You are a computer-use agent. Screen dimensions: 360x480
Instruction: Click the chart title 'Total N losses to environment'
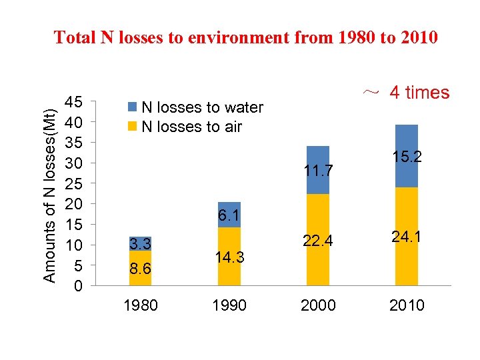pyautogui.click(x=245, y=37)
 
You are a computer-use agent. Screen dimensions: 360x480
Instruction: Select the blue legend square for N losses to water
pyautogui.click(x=132, y=107)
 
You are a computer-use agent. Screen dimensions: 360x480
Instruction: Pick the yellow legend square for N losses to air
pyautogui.click(x=132, y=127)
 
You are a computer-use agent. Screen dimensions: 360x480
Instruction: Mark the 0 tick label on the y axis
pyautogui.click(x=77, y=287)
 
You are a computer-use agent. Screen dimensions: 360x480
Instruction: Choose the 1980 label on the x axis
pyautogui.click(x=141, y=305)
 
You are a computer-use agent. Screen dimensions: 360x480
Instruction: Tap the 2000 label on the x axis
pyautogui.click(x=318, y=305)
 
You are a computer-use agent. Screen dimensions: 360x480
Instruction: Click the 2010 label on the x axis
pyautogui.click(x=406, y=305)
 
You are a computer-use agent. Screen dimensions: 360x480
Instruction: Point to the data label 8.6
pyautogui.click(x=140, y=268)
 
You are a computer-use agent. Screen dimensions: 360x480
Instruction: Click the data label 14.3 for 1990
pyautogui.click(x=229, y=256)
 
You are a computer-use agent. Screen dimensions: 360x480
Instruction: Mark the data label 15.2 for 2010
pyautogui.click(x=407, y=157)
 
